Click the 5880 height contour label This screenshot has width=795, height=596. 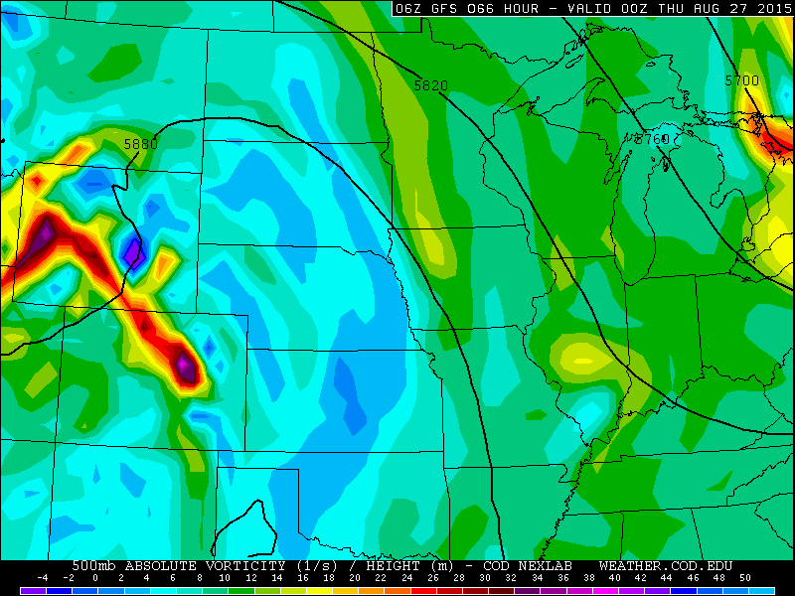(x=140, y=144)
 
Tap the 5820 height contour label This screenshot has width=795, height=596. (x=431, y=86)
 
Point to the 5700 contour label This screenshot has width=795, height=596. (x=741, y=80)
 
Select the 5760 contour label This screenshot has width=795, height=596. (x=652, y=139)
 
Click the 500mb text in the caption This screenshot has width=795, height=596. (x=94, y=565)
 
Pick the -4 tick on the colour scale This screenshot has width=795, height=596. (x=43, y=578)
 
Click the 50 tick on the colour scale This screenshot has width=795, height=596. (x=744, y=578)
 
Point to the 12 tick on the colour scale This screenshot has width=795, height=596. (x=250, y=578)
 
